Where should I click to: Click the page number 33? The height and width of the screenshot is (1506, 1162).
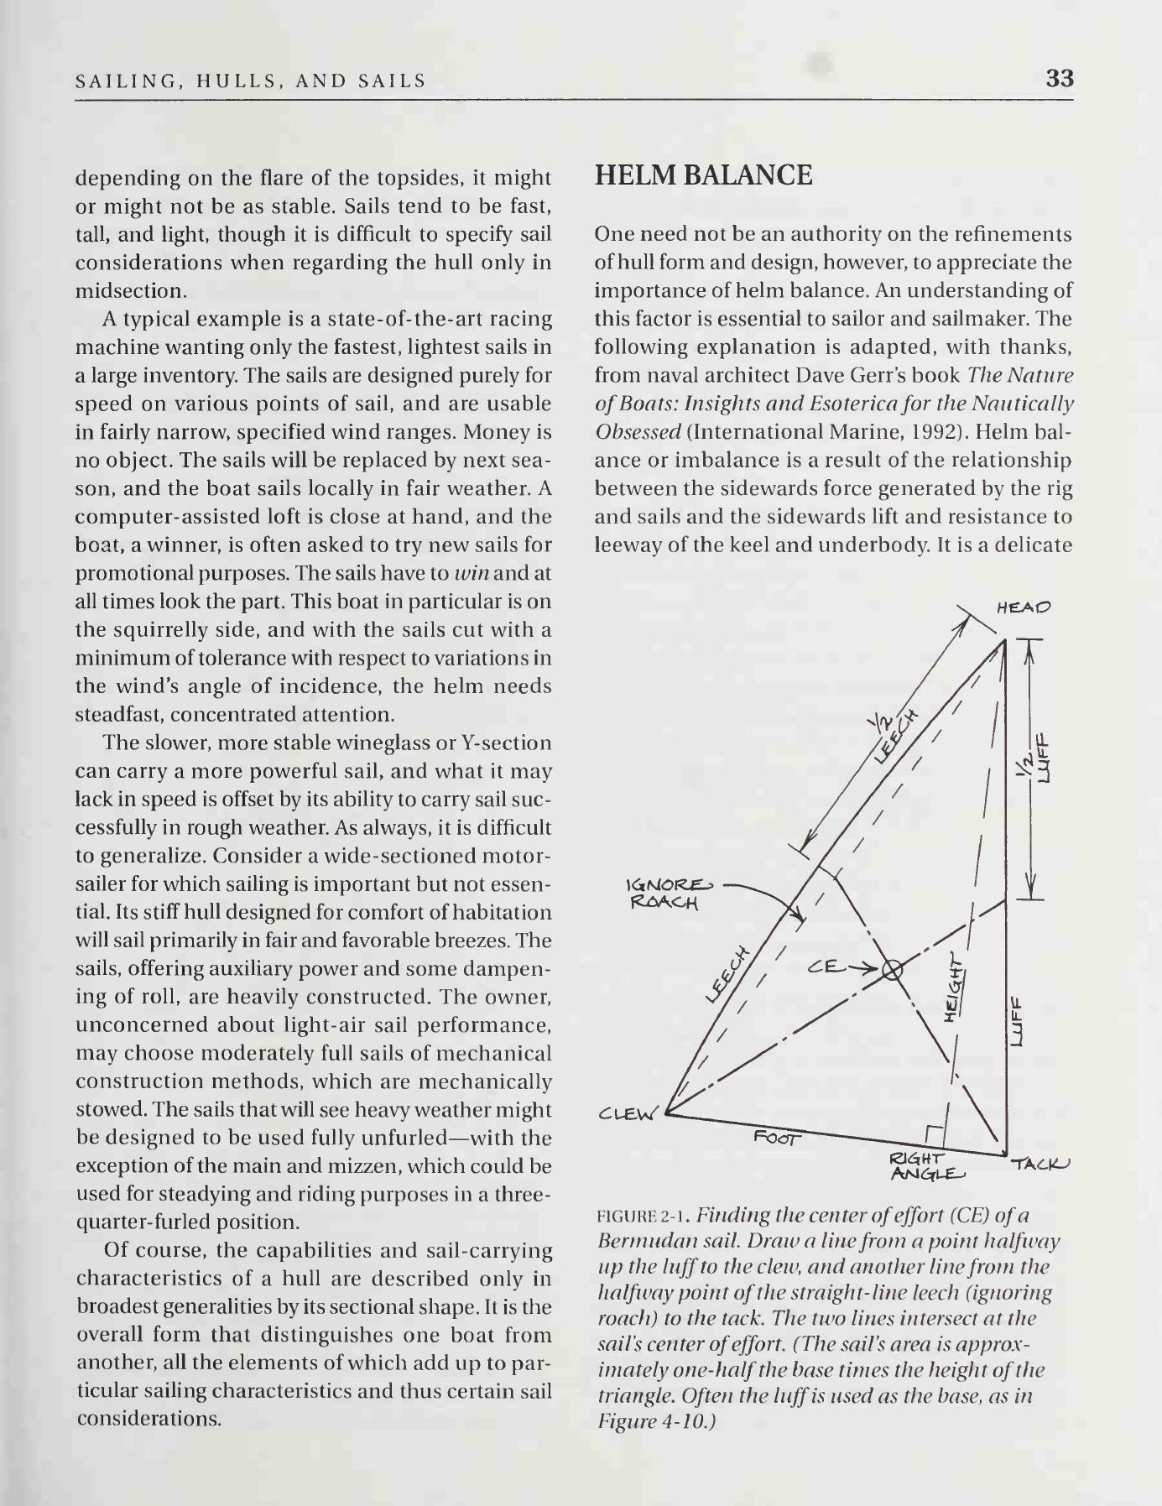tap(1059, 79)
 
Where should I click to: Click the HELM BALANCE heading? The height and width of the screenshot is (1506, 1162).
tap(703, 175)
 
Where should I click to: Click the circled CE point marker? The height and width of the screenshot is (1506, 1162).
tap(892, 972)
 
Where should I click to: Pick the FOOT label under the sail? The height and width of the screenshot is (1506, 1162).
tap(777, 1137)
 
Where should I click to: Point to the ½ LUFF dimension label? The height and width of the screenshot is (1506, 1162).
tap(1034, 758)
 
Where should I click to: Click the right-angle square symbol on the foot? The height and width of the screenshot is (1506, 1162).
tap(935, 1134)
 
